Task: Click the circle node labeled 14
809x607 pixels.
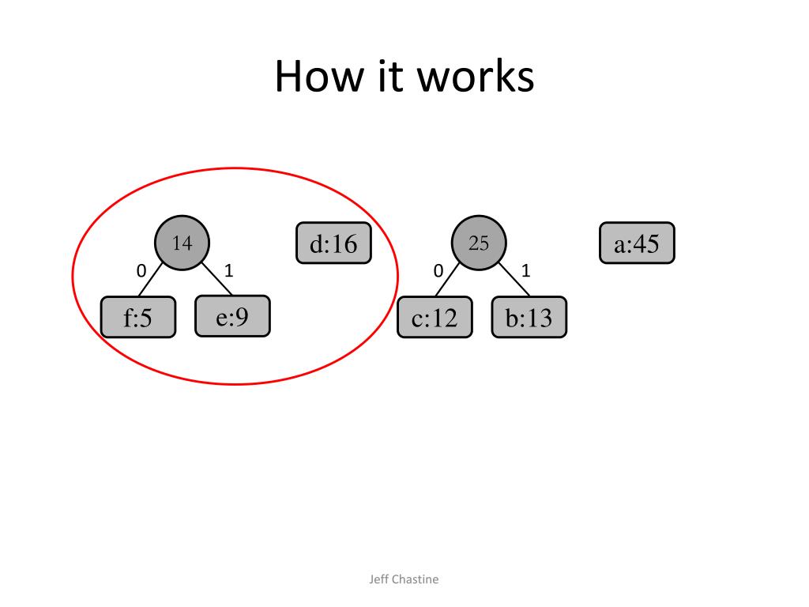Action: [x=182, y=243]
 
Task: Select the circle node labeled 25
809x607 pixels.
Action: [x=479, y=243]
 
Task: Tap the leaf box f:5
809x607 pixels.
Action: [x=138, y=318]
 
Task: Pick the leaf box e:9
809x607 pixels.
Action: [x=232, y=316]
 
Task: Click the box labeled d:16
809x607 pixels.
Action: [x=333, y=243]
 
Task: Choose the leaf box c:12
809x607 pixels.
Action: [x=435, y=318]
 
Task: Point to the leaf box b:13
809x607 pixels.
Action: [x=529, y=318]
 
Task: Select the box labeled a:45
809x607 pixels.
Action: [x=637, y=243]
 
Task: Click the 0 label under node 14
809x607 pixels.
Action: [x=141, y=271]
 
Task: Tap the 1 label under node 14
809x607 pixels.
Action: [x=229, y=271]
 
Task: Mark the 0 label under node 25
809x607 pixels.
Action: [x=438, y=271]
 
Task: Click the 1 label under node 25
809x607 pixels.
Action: [x=526, y=271]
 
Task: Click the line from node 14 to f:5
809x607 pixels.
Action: [x=153, y=281]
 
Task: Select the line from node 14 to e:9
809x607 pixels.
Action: [x=216, y=280]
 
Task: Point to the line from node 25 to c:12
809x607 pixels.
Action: [x=450, y=281]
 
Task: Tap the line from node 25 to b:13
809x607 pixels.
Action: [x=514, y=281]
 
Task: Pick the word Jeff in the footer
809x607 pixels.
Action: [x=379, y=579]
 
